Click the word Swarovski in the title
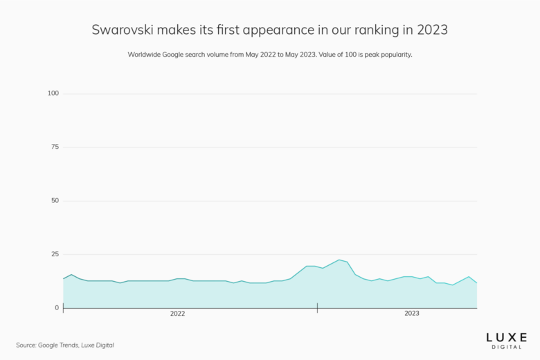click(123, 30)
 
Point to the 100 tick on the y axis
click(53, 93)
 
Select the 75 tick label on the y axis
click(55, 147)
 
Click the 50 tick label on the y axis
click(55, 201)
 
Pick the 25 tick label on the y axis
click(55, 254)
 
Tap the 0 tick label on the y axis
click(57, 307)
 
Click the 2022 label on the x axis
click(178, 314)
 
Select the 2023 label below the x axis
click(412, 314)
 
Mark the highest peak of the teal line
click(339, 260)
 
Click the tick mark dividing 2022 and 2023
click(317, 308)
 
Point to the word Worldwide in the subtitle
click(146, 55)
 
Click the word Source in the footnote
click(26, 345)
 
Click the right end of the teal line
click(476, 283)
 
